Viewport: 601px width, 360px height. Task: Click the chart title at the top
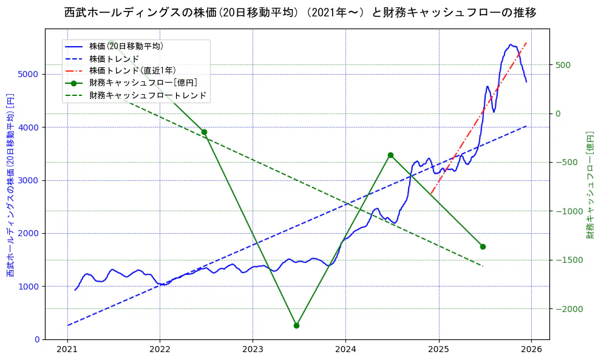(300, 13)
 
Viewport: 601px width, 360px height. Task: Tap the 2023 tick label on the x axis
(253, 350)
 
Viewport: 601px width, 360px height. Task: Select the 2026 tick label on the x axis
(531, 350)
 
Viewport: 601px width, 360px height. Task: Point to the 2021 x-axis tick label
(67, 350)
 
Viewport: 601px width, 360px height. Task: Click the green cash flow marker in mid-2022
(204, 132)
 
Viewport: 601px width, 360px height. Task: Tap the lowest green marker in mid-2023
(296, 325)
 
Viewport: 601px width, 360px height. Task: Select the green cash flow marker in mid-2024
(390, 155)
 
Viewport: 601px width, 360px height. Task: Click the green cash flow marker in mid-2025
(483, 246)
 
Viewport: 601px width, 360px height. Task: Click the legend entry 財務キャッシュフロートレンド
(148, 95)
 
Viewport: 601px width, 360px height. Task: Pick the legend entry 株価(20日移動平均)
(126, 46)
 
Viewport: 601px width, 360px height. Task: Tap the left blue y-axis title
(10, 186)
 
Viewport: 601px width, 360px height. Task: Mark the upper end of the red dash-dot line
(526, 43)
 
